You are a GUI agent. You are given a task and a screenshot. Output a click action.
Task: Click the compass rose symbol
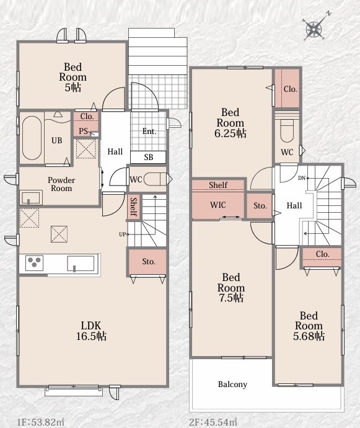pyautogui.click(x=315, y=29)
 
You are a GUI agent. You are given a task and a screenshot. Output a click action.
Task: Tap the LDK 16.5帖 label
pyautogui.click(x=91, y=331)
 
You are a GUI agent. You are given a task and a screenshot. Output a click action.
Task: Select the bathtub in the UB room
pyautogui.click(x=32, y=138)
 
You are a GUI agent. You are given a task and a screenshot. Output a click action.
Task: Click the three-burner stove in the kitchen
pyautogui.click(x=34, y=262)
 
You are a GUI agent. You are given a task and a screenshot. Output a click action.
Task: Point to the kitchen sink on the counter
pyautogui.click(x=81, y=264)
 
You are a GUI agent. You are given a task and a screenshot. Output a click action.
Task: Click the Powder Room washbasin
pyautogui.click(x=30, y=198)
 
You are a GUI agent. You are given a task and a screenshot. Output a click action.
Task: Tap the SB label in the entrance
pyautogui.click(x=149, y=157)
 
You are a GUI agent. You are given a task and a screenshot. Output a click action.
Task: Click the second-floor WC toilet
pyautogui.click(x=287, y=130)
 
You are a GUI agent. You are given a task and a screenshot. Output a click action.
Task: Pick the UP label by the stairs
pyautogui.click(x=122, y=234)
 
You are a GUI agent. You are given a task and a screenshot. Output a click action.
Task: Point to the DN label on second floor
pyautogui.click(x=301, y=178)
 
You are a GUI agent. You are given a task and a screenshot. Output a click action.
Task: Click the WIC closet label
pyautogui.click(x=217, y=205)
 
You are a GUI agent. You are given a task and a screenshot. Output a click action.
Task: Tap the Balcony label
pyautogui.click(x=232, y=385)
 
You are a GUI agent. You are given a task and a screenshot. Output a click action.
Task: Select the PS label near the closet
pyautogui.click(x=84, y=132)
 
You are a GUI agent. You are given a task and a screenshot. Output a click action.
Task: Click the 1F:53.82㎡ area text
pyautogui.click(x=41, y=422)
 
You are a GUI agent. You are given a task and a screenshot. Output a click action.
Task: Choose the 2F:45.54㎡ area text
pyautogui.click(x=213, y=422)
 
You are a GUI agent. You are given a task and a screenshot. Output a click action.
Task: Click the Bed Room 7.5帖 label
pyautogui.click(x=230, y=287)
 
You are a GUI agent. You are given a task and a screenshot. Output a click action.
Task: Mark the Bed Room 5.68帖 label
pyautogui.click(x=309, y=326)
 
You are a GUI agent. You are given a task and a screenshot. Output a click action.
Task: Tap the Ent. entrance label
pyautogui.click(x=149, y=132)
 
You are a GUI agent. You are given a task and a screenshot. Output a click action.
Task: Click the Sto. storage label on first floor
pyautogui.click(x=149, y=262)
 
